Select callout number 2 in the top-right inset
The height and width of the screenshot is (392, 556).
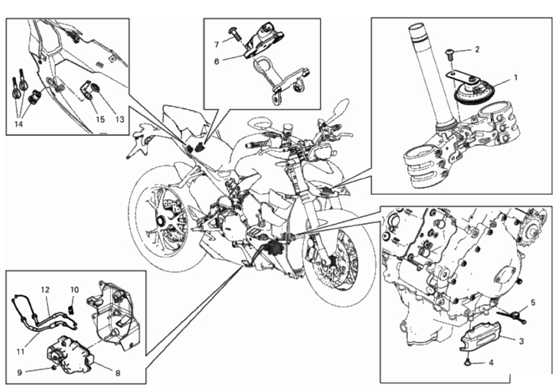(x=477, y=49)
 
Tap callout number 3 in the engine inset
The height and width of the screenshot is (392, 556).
(x=521, y=340)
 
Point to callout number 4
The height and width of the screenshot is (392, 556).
(x=491, y=363)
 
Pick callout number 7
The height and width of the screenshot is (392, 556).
(x=216, y=45)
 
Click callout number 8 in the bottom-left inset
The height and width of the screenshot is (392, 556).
(x=117, y=373)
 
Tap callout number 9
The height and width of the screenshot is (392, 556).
(x=20, y=372)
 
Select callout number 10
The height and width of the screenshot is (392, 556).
(x=75, y=289)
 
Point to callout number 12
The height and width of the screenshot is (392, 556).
(x=44, y=289)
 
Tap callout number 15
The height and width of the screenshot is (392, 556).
(x=100, y=120)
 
